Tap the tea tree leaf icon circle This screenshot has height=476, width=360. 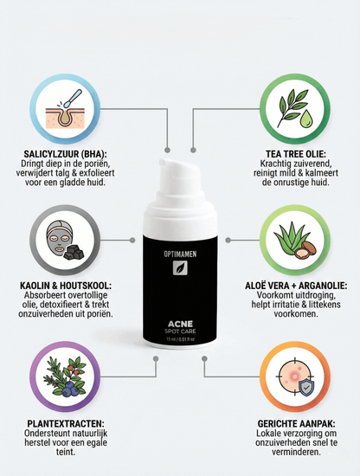click(298, 110)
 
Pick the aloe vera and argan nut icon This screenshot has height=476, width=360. click(298, 240)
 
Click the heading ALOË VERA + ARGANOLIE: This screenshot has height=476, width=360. click(298, 284)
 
